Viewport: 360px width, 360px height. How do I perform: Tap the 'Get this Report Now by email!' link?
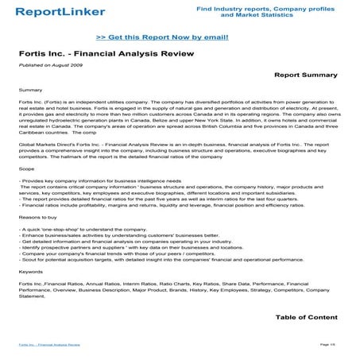[162, 37]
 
